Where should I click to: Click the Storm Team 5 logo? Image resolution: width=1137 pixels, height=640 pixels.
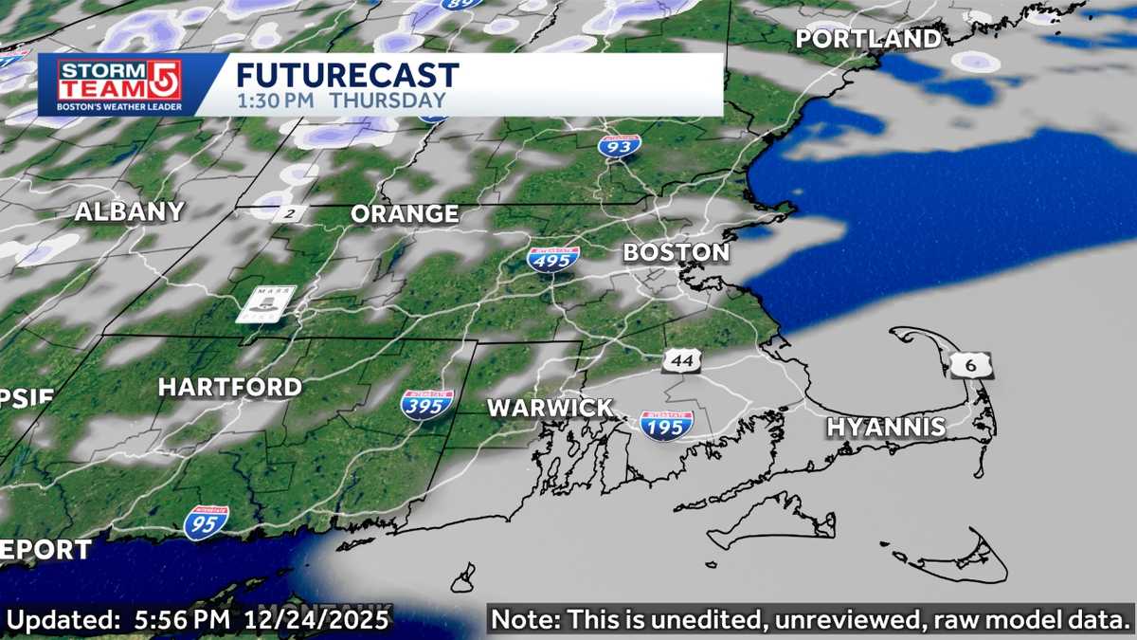click(x=119, y=85)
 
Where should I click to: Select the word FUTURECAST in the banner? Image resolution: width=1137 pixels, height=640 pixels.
click(x=347, y=76)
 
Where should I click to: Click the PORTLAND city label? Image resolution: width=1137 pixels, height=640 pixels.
click(x=868, y=39)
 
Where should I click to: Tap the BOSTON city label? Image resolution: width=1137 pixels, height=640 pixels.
click(x=676, y=253)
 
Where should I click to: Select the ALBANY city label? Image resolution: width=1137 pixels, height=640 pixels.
click(x=129, y=212)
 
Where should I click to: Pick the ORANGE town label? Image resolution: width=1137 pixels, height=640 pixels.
click(x=405, y=214)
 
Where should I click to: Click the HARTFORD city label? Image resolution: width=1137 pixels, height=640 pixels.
click(x=229, y=387)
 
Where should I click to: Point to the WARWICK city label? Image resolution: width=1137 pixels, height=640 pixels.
click(x=550, y=409)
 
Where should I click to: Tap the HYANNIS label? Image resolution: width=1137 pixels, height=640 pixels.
click(x=886, y=428)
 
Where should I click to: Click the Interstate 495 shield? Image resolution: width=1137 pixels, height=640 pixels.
click(x=554, y=259)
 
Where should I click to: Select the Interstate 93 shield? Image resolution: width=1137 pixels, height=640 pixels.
click(x=620, y=146)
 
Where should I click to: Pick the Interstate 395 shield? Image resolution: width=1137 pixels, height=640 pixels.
click(x=426, y=405)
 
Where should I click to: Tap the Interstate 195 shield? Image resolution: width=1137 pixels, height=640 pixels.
click(x=666, y=424)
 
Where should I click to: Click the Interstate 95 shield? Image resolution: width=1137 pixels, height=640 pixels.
click(x=206, y=522)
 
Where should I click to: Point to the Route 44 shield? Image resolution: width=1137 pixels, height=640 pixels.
click(x=682, y=360)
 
